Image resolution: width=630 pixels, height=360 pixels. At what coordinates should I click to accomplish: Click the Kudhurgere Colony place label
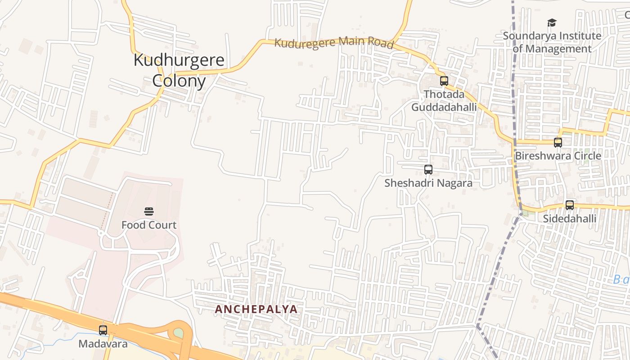pos(179,70)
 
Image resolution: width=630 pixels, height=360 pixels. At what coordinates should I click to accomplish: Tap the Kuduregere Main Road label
pos(334,43)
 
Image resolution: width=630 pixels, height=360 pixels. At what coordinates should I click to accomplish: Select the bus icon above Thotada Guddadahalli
pos(444,81)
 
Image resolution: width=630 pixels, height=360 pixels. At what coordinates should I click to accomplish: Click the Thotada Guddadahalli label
pos(444,101)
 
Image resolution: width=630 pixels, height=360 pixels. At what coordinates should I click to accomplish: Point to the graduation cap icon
pos(552,22)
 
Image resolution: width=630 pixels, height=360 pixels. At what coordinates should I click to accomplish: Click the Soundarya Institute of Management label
pos(552,42)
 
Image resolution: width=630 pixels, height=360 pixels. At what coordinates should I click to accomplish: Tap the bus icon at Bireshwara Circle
pos(558,143)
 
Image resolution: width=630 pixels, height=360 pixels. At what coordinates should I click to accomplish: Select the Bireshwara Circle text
pos(558,156)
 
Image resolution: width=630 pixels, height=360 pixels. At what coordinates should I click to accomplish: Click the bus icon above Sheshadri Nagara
pos(428,170)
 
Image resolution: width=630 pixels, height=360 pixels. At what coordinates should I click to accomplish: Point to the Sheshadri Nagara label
pos(428,183)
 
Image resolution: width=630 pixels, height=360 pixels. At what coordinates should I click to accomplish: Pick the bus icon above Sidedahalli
pos(570,205)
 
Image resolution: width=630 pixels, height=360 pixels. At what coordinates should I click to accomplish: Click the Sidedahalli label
pos(570,219)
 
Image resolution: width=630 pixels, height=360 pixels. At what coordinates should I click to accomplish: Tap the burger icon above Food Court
pos(149,211)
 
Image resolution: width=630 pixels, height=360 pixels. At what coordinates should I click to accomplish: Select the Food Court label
pos(149,225)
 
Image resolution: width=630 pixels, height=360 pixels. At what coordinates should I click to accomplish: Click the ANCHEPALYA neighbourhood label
pos(256,309)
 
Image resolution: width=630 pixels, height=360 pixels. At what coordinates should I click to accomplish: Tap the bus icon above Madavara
pos(103,330)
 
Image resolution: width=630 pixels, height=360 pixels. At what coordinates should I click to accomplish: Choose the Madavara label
pos(103,344)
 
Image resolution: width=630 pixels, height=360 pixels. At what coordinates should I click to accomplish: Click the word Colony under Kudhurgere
pos(179,81)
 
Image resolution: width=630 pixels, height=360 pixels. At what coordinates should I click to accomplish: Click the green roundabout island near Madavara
pos(179,333)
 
